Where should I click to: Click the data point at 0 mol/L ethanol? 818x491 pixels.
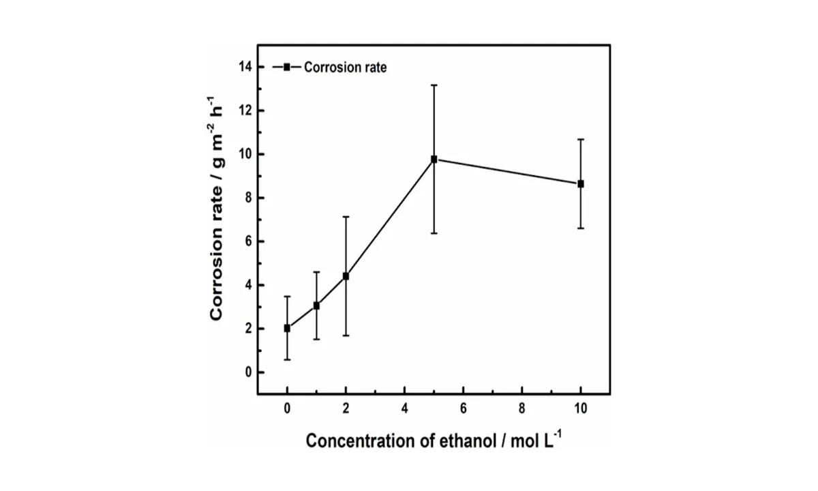[x=287, y=328]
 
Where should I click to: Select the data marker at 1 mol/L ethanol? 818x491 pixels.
[x=316, y=306]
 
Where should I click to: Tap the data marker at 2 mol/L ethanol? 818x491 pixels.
[x=346, y=276]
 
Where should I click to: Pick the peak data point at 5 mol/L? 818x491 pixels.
[x=434, y=159]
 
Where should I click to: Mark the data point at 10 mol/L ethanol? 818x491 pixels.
[x=581, y=183]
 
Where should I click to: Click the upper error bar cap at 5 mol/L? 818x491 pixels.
[x=434, y=85]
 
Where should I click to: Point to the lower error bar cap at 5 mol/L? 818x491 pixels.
[x=434, y=233]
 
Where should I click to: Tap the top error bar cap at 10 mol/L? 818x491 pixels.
[x=581, y=139]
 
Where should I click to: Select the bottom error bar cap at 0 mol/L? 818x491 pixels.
[x=287, y=359]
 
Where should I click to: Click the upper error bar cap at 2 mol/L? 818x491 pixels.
[x=346, y=217]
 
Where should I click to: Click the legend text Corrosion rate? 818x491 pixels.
[x=345, y=68]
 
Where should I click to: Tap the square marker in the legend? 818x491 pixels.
[x=287, y=67]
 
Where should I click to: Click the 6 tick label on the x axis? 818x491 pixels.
[x=463, y=409]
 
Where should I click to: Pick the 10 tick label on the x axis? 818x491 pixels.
[x=581, y=409]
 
